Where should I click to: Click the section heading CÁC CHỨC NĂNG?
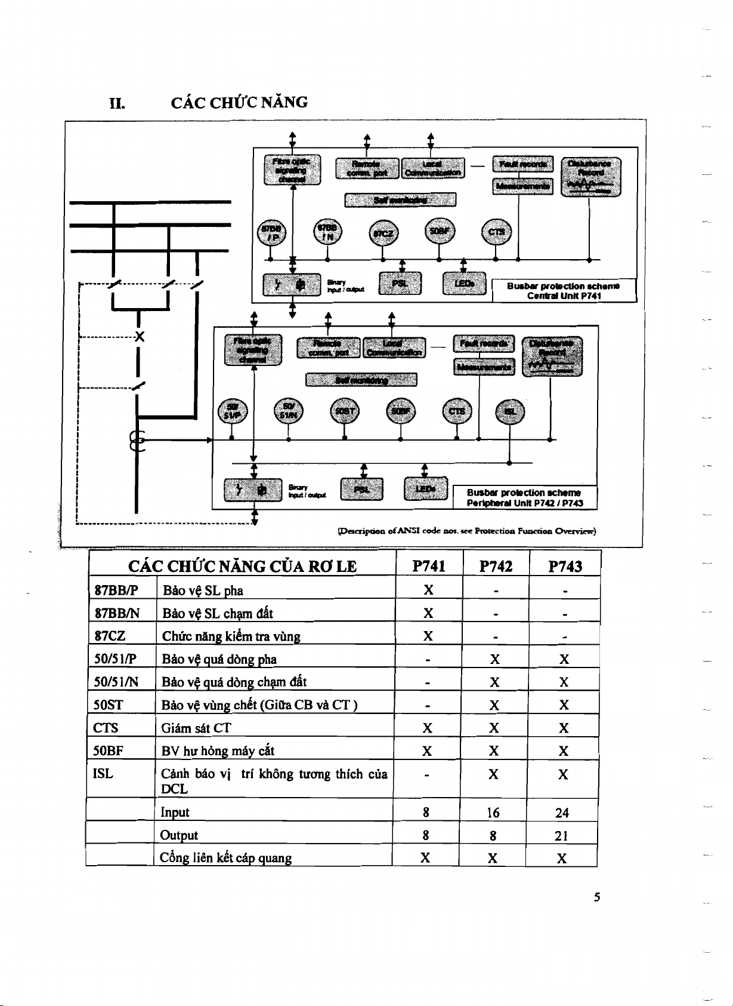239,103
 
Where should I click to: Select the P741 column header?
429,566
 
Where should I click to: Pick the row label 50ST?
109,705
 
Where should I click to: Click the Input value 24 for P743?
561,813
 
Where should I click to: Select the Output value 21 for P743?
561,836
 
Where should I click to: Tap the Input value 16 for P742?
493,813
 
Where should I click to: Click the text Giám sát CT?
196,728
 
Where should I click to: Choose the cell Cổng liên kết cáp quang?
225,858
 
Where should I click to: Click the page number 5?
596,897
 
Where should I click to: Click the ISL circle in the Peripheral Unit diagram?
510,411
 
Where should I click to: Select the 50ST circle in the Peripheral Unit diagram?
344,411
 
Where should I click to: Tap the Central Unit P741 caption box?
564,291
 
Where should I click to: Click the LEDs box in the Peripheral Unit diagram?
426,489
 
